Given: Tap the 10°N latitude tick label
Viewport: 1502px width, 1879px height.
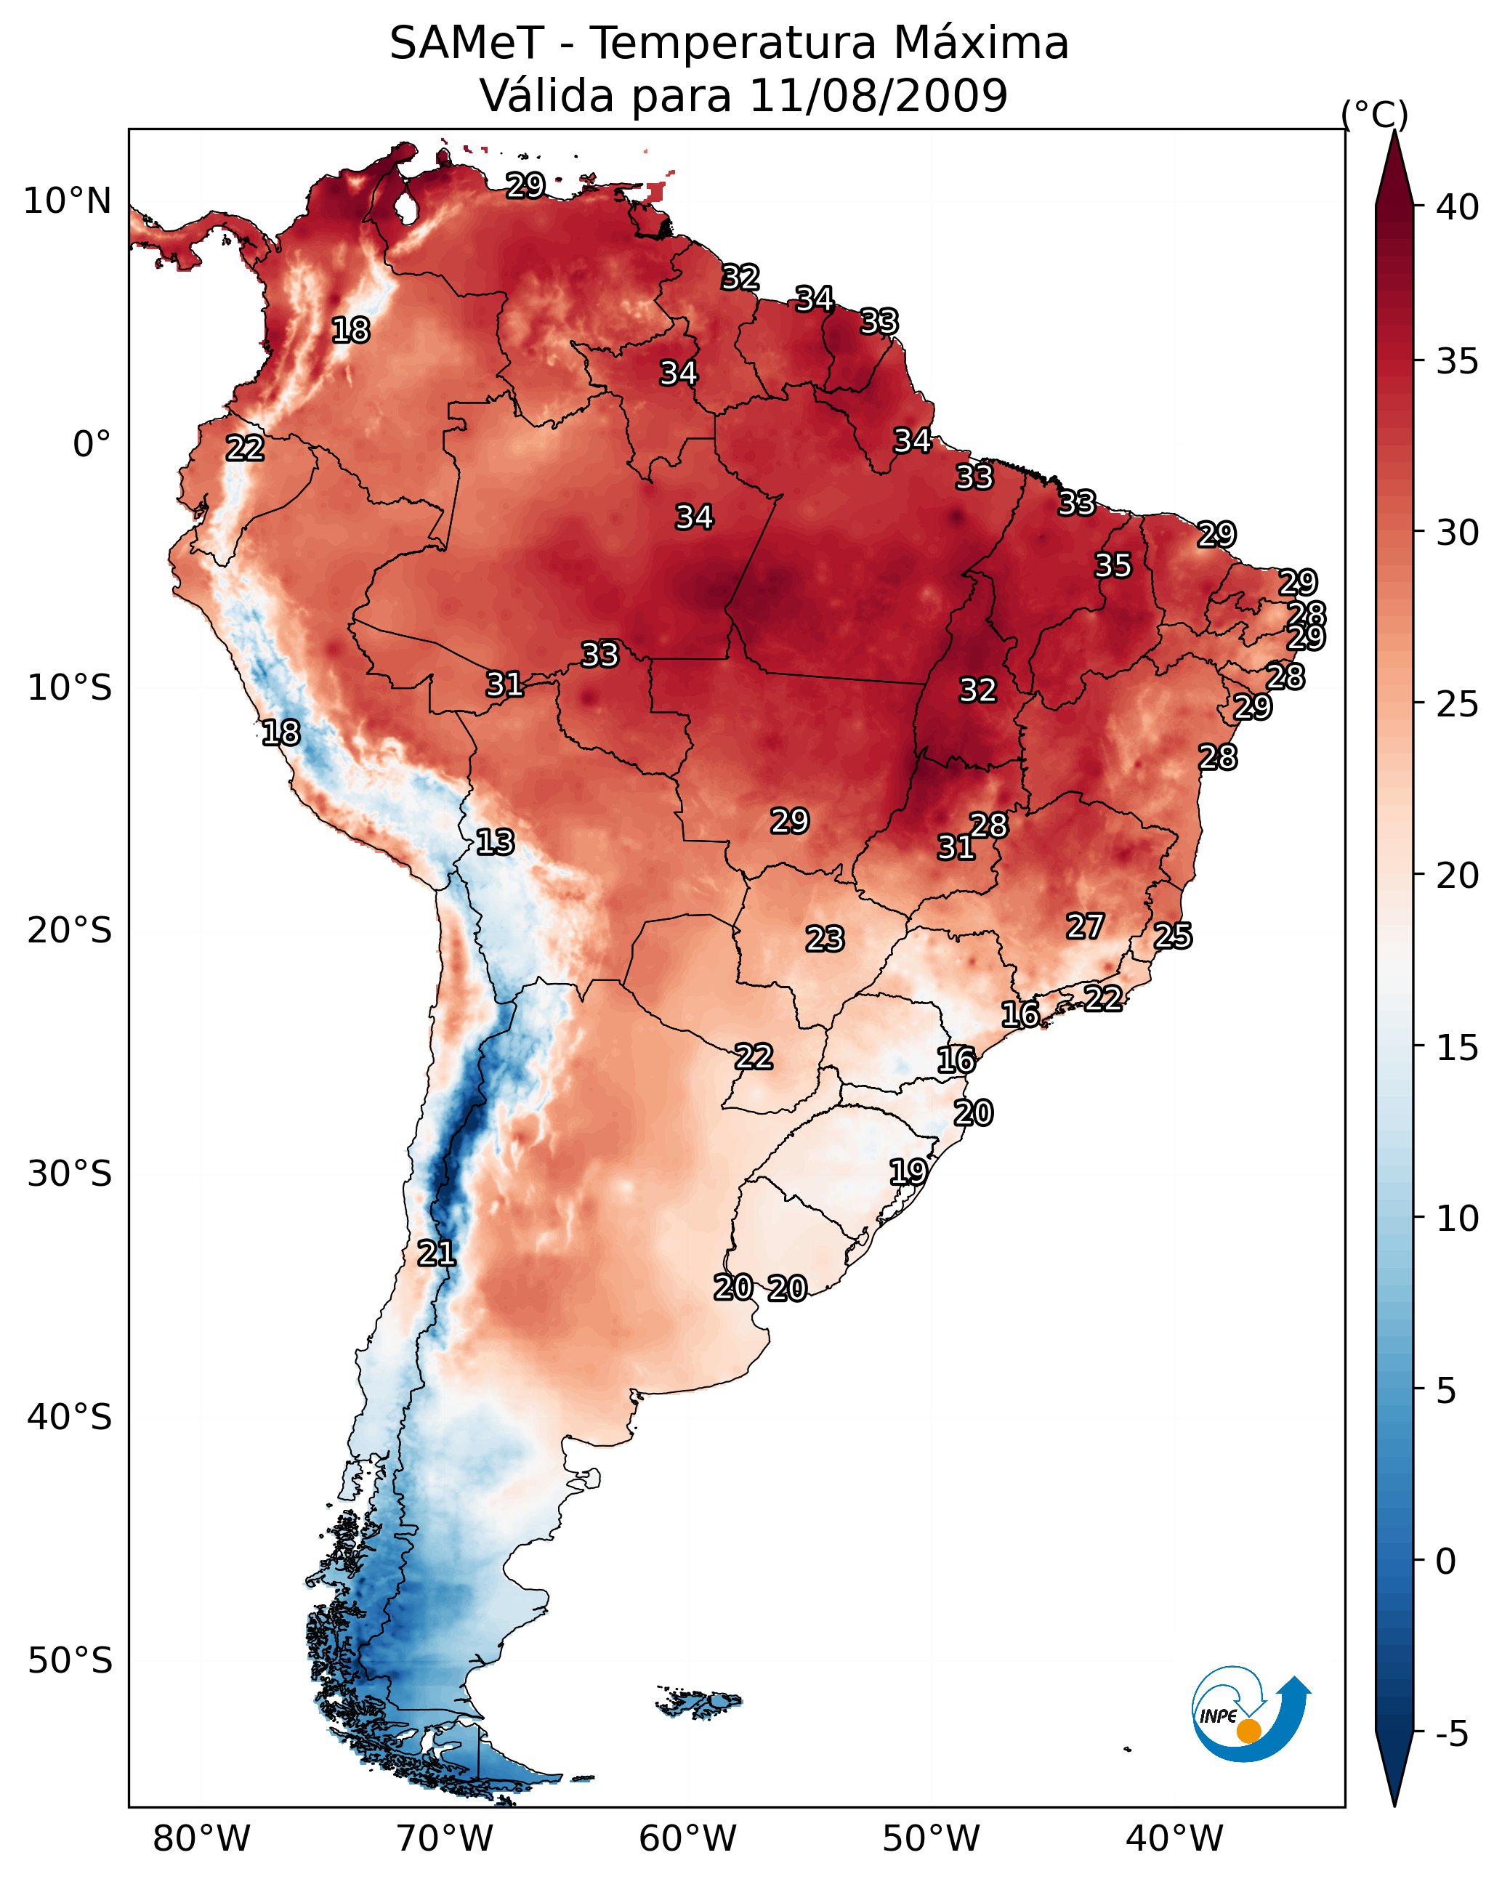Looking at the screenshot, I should tap(67, 201).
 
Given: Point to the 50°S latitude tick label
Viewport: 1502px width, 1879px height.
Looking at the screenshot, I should tap(70, 1661).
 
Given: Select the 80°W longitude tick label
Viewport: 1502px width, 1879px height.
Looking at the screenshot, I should tap(201, 1839).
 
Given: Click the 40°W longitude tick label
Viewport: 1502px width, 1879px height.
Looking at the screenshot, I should tap(1174, 1839).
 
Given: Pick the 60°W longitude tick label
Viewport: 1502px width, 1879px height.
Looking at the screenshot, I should tap(688, 1839).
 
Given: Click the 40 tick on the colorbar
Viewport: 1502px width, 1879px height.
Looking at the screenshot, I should tap(1458, 207).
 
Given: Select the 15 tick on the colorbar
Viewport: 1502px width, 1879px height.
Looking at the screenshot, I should tap(1458, 1048).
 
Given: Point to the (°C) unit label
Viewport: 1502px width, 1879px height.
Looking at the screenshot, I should tap(1374, 115).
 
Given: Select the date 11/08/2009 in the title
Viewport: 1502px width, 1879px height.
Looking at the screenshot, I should tap(878, 96).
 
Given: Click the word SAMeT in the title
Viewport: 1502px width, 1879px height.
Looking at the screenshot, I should tap(467, 44).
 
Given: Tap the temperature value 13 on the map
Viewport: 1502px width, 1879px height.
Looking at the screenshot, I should tap(495, 842).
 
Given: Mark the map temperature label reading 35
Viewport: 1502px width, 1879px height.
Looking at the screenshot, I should tap(1113, 565).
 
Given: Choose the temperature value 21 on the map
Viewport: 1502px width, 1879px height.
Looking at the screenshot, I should tap(436, 1253).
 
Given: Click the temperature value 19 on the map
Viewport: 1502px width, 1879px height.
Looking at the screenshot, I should tap(908, 1171).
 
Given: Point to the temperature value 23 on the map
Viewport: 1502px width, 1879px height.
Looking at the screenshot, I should tap(825, 939).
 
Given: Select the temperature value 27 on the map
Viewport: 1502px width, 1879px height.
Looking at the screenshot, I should tap(1086, 926).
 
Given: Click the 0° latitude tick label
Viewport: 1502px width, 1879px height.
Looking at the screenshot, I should tap(92, 445).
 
